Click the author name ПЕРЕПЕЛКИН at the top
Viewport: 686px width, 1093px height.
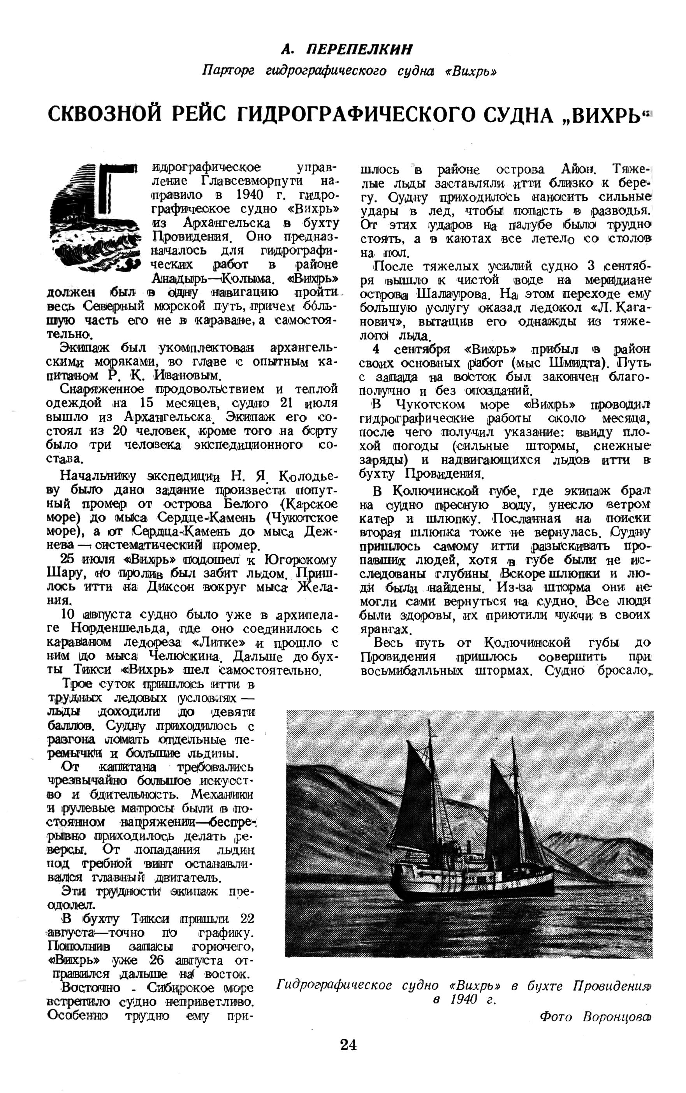[x=360, y=49]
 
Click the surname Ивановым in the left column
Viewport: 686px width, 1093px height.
[x=187, y=376]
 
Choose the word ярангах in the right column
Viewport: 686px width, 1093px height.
[x=384, y=629]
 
